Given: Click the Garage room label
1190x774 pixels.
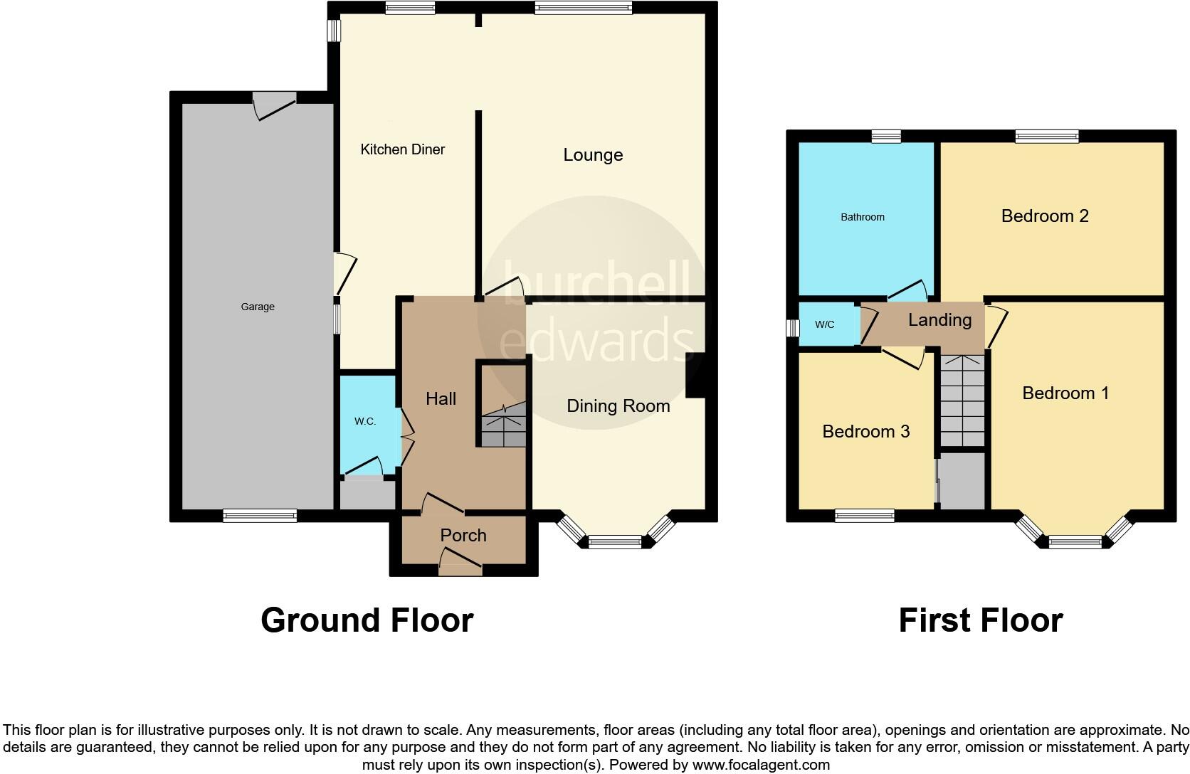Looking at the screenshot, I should click(x=257, y=307).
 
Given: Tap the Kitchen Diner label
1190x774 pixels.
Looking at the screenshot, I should click(x=402, y=149).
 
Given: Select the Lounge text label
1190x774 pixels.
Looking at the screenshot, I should click(x=593, y=155).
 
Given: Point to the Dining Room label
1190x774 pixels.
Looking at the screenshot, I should click(x=618, y=406).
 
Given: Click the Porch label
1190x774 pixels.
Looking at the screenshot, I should click(x=463, y=536).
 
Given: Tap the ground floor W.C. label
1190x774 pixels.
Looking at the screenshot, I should click(x=364, y=421).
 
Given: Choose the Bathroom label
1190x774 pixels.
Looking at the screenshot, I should click(x=862, y=217).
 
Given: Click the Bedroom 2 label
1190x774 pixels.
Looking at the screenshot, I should click(x=1044, y=216).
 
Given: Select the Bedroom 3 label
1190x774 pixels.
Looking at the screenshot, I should click(x=865, y=432).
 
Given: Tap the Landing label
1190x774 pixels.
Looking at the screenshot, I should click(x=939, y=320).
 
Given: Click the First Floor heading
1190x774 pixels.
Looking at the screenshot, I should click(x=980, y=620).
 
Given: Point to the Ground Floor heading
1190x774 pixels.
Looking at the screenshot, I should click(x=367, y=620).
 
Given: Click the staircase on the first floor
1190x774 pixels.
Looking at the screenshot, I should click(x=962, y=402).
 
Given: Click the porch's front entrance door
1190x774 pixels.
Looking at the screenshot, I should click(x=460, y=567).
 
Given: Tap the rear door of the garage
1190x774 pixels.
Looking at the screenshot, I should click(x=275, y=104).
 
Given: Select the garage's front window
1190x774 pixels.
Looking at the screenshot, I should click(x=260, y=516).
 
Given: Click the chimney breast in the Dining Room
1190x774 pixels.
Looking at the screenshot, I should click(x=695, y=376).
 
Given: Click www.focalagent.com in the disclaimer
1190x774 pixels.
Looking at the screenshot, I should click(x=761, y=765).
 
